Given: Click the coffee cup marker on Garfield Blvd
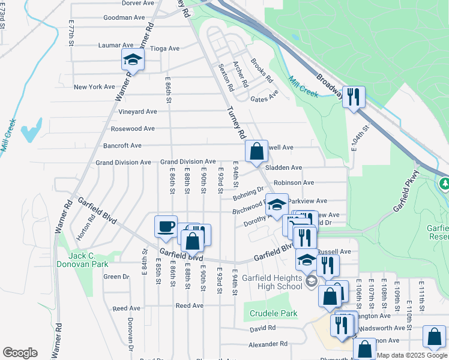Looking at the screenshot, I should tap(166, 227).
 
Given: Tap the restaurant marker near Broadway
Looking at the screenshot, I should tap(354, 96).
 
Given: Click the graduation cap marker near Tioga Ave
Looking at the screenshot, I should tap(133, 60).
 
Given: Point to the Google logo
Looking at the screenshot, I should tap(20, 353).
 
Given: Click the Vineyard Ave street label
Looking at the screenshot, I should tap(137, 112).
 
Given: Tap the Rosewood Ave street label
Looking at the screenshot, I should tap(133, 128).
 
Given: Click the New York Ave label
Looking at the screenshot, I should tap(94, 87).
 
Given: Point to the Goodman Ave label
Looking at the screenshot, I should tap(125, 17).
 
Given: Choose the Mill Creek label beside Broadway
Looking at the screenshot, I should tap(303, 86).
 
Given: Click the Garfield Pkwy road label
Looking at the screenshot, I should tap(406, 198).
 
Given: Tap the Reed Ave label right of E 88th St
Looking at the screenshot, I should tap(190, 305).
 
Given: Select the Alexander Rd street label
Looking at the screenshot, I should tap(269, 344).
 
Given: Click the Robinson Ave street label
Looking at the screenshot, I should tap(294, 182).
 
